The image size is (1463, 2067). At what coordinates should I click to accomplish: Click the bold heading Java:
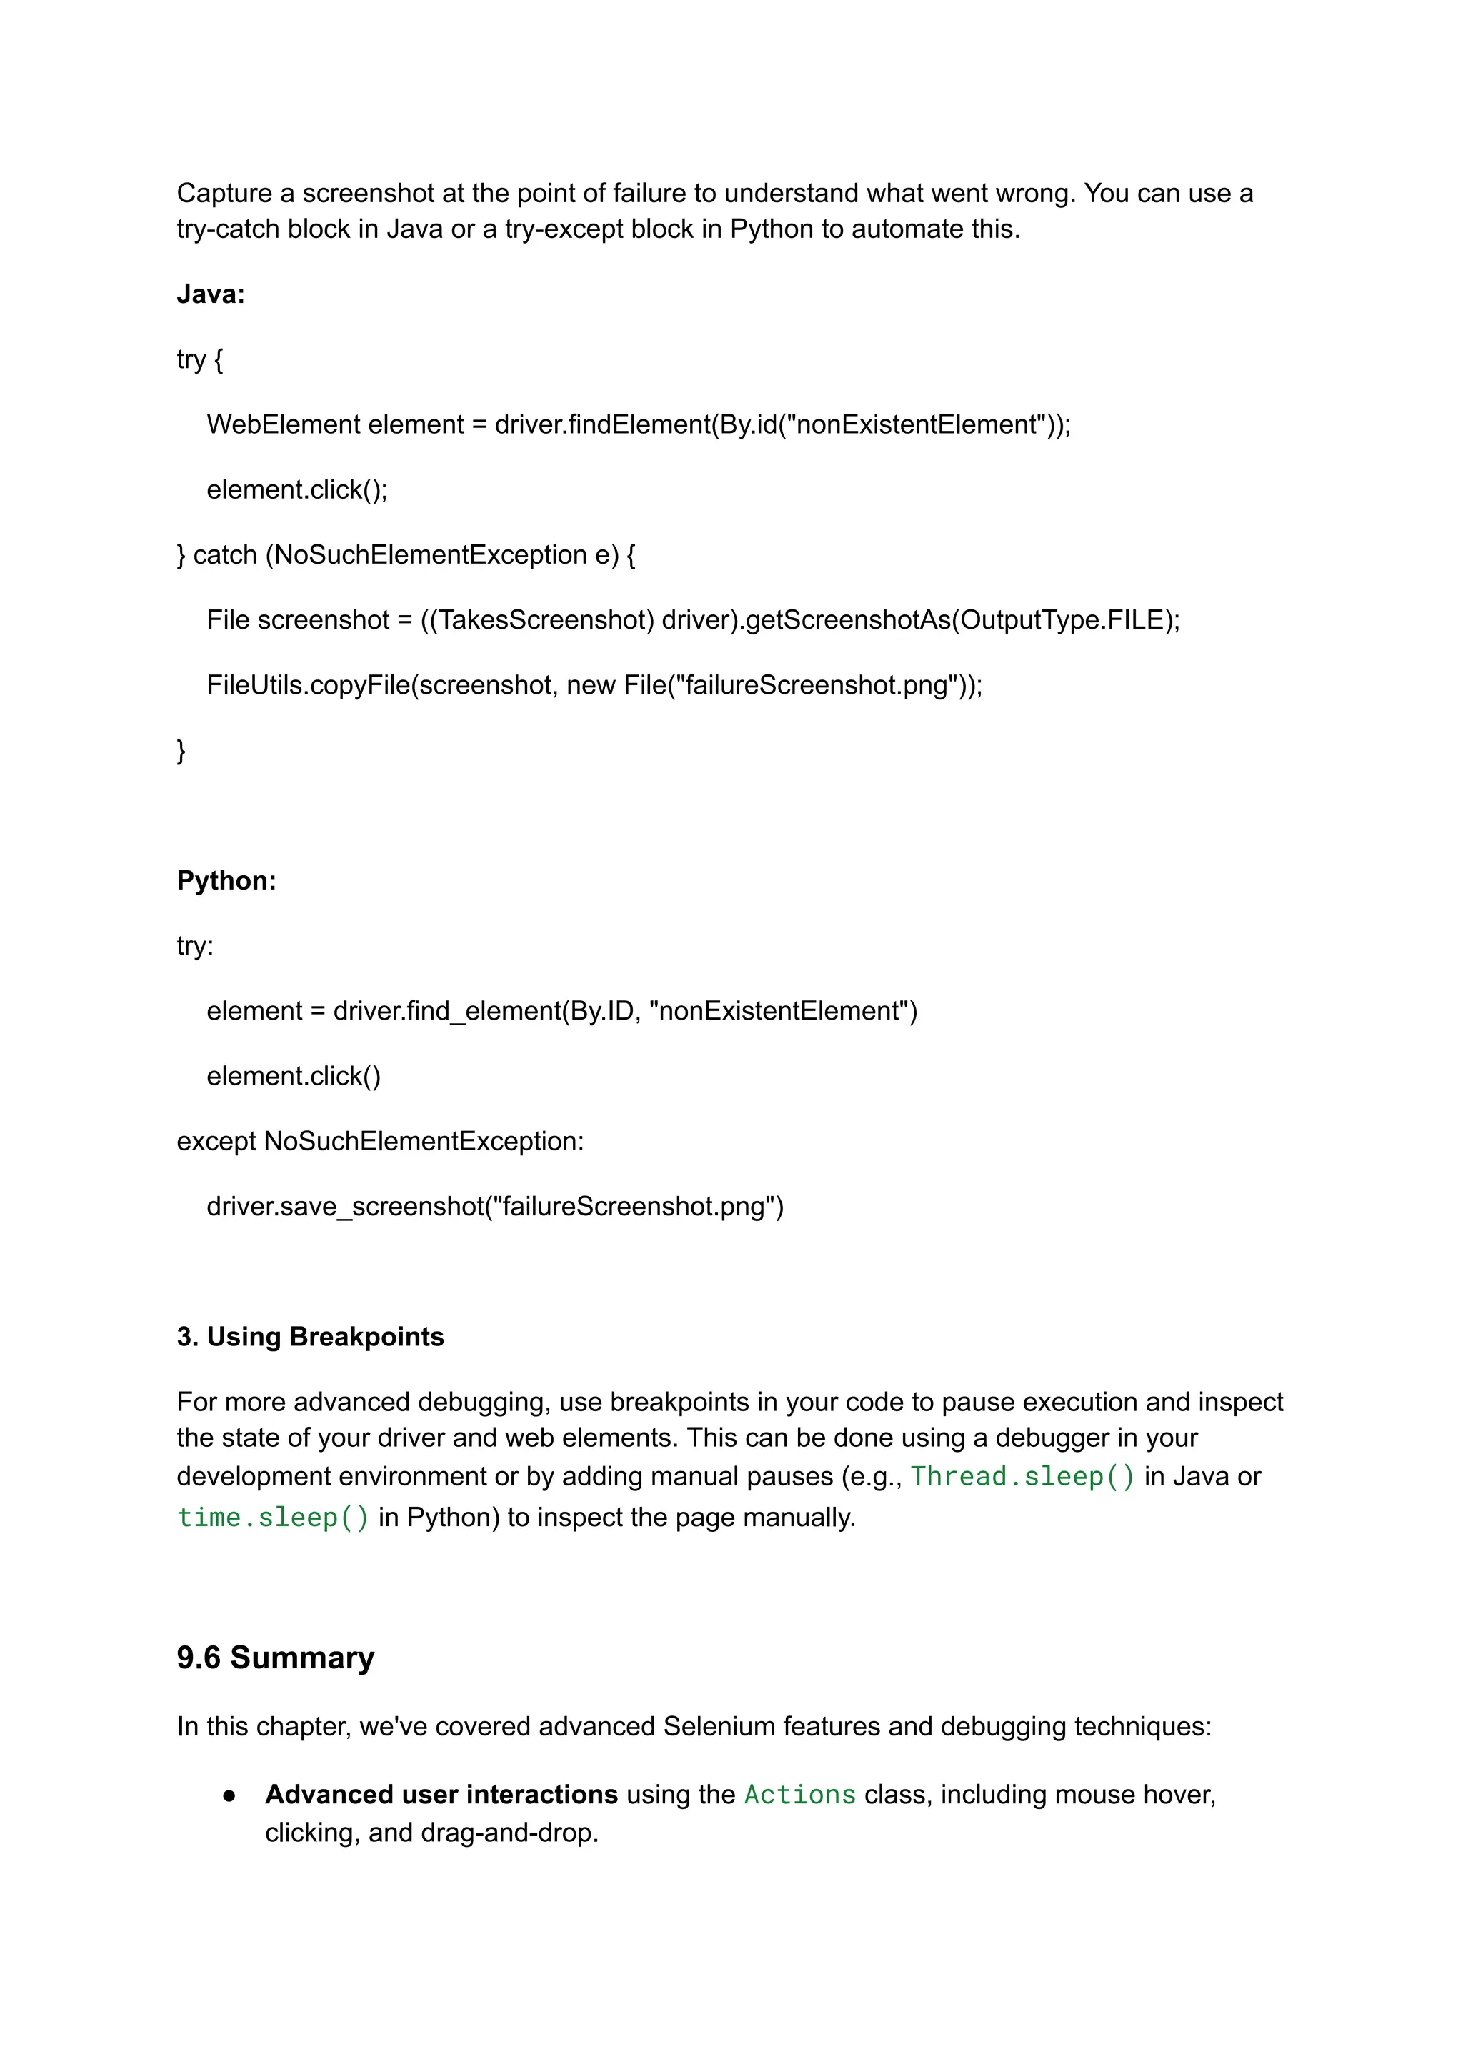click(211, 294)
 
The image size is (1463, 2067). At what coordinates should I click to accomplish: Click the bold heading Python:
click(226, 880)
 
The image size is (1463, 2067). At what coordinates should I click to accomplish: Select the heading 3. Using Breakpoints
click(310, 1336)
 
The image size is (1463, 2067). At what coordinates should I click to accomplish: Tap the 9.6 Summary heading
click(275, 1657)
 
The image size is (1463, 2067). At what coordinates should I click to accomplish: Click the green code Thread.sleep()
click(1022, 1476)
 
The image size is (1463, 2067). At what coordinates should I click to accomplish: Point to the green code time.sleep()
click(273, 1518)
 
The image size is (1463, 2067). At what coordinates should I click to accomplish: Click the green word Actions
click(799, 1794)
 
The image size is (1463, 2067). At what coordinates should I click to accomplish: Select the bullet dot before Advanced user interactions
click(230, 1795)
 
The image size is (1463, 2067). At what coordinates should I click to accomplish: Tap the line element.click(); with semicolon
click(296, 489)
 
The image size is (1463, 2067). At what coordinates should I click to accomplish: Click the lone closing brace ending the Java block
click(181, 749)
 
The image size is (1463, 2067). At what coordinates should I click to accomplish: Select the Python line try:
click(194, 946)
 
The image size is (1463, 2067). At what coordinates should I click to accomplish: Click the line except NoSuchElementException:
click(379, 1142)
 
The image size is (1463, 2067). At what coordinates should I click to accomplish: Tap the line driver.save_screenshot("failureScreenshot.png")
click(494, 1207)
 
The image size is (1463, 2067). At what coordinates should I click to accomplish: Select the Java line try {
click(199, 359)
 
